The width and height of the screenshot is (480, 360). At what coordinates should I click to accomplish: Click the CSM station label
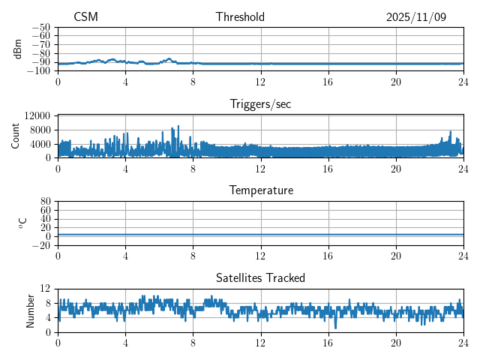pos(85,17)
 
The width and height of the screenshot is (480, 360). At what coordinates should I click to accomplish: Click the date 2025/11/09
pos(416,17)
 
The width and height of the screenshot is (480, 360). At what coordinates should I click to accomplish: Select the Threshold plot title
pos(240,17)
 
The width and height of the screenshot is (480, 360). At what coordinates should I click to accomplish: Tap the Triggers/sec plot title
pos(260,104)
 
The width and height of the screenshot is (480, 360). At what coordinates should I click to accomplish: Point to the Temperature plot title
pos(260,190)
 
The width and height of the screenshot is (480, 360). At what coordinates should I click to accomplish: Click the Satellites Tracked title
pos(260,277)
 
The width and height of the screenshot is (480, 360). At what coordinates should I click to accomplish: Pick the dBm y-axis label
pos(18,49)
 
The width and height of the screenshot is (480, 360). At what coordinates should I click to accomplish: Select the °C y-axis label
pos(22,223)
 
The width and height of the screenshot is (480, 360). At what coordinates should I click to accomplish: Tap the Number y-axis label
pos(30,310)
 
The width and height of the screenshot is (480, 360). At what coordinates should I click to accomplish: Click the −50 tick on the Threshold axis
pos(41,27)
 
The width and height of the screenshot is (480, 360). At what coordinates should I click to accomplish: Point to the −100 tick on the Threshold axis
pos(39,71)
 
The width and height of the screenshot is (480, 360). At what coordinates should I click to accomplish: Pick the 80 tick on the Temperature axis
pos(45,202)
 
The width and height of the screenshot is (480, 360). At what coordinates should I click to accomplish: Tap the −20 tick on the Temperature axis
pos(41,246)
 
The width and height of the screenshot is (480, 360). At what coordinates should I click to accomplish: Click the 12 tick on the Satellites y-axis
pos(45,289)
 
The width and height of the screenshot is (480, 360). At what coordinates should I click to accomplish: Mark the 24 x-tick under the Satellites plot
pos(463,343)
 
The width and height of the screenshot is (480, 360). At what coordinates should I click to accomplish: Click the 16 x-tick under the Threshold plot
pos(328,82)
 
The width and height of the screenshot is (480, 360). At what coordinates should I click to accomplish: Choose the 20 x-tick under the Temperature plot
pos(396,256)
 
